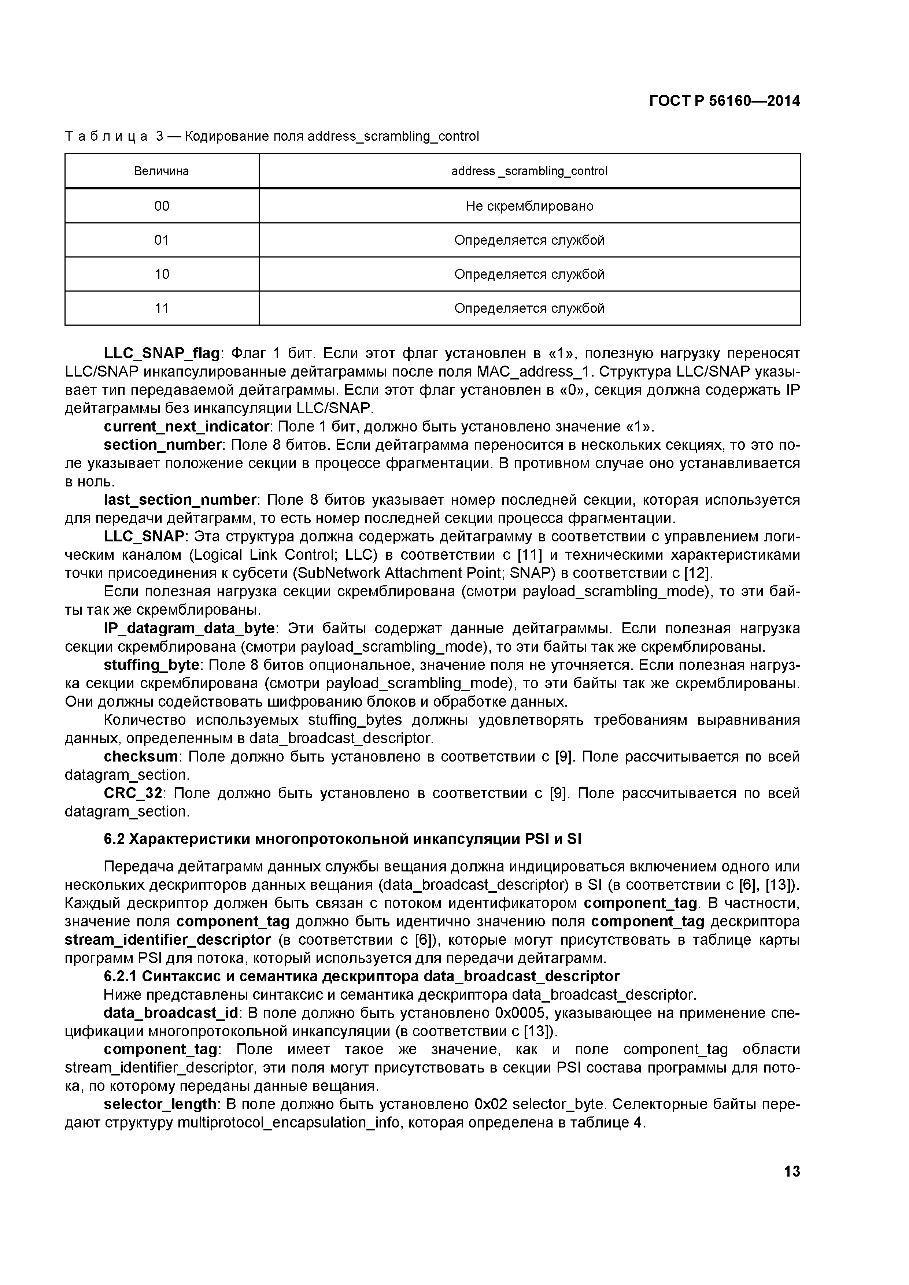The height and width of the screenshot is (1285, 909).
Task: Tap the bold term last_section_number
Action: pos(180,500)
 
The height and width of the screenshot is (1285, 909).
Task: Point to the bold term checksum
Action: pos(140,757)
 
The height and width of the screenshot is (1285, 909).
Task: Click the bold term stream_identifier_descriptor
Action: pos(168,940)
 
